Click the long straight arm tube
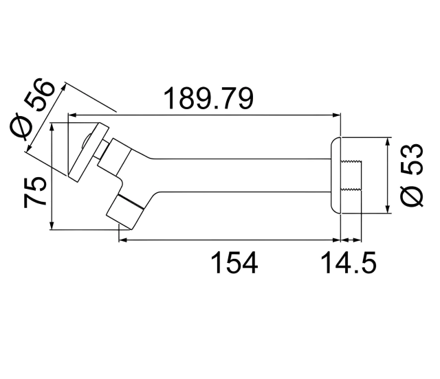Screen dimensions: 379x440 tap(241, 176)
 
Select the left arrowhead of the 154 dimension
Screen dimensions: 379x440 tap(122, 240)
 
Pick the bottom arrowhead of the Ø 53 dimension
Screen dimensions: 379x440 tap(389, 210)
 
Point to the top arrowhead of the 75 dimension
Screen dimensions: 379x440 tap(53, 126)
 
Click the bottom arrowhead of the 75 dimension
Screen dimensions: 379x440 tap(53, 227)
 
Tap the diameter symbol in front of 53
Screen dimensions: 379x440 tap(414, 196)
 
